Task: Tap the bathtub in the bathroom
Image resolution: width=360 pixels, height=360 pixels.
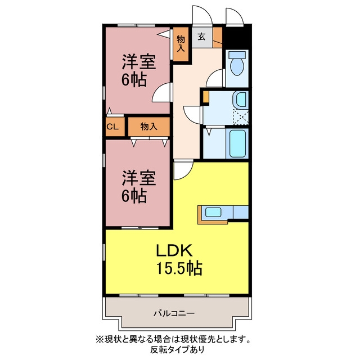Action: pyautogui.click(x=237, y=143)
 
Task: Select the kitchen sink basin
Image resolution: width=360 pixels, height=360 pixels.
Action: pyautogui.click(x=213, y=212)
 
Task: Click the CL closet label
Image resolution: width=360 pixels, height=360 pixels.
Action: pyautogui.click(x=112, y=127)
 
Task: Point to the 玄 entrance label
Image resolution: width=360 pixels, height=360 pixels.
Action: pyautogui.click(x=201, y=37)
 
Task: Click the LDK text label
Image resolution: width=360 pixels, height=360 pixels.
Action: pyautogui.click(x=174, y=250)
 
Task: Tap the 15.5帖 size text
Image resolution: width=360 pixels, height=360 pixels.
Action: pyautogui.click(x=179, y=268)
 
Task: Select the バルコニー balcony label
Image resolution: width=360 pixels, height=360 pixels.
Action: pyautogui.click(x=174, y=313)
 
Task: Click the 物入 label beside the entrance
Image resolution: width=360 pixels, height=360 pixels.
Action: pyautogui.click(x=181, y=43)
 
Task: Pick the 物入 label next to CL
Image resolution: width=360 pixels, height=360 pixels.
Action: pyautogui.click(x=148, y=126)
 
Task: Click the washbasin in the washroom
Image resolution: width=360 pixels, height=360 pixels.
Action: pyautogui.click(x=241, y=100)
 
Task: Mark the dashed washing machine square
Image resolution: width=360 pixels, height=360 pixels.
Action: pyautogui.click(x=241, y=118)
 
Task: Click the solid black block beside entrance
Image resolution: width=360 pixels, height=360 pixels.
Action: pyautogui.click(x=236, y=38)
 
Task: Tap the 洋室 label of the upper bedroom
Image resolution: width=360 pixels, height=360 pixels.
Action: pyautogui.click(x=139, y=62)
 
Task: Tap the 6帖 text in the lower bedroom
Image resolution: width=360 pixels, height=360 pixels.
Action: pyautogui.click(x=134, y=196)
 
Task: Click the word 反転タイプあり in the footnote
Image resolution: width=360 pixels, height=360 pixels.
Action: pyautogui.click(x=177, y=350)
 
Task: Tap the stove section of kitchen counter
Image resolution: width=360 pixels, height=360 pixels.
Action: pyautogui.click(x=241, y=212)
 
